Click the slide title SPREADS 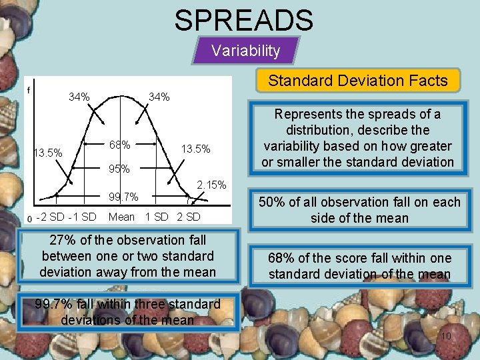pyautogui.click(x=243, y=20)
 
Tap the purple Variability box pyautogui.click(x=245, y=51)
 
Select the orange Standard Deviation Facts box pyautogui.click(x=358, y=81)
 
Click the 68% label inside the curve pyautogui.click(x=119, y=145)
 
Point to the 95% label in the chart pyautogui.click(x=119, y=169)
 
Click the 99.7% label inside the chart pyautogui.click(x=123, y=197)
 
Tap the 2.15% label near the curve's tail pyautogui.click(x=212, y=185)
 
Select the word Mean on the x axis pyautogui.click(x=121, y=217)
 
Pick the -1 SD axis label pyautogui.click(x=83, y=217)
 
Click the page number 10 pyautogui.click(x=446, y=336)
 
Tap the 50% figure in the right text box pyautogui.click(x=272, y=202)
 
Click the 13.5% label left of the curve pyautogui.click(x=47, y=153)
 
